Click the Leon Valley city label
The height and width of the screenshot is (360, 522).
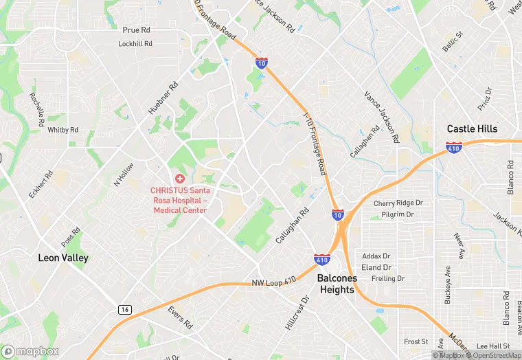(x=63, y=258)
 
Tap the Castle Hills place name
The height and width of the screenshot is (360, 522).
(x=472, y=128)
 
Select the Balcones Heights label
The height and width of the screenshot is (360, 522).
(x=345, y=284)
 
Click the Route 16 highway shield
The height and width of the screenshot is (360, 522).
(x=125, y=310)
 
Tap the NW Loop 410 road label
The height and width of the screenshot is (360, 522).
(x=273, y=280)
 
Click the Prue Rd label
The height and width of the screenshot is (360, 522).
(x=136, y=30)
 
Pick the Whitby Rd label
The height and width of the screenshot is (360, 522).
(x=63, y=129)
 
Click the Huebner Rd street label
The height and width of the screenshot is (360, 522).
(x=163, y=98)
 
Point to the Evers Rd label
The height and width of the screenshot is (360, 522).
(x=180, y=317)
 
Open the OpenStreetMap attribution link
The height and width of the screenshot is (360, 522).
(x=495, y=355)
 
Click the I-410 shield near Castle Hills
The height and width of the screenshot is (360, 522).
(x=453, y=147)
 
